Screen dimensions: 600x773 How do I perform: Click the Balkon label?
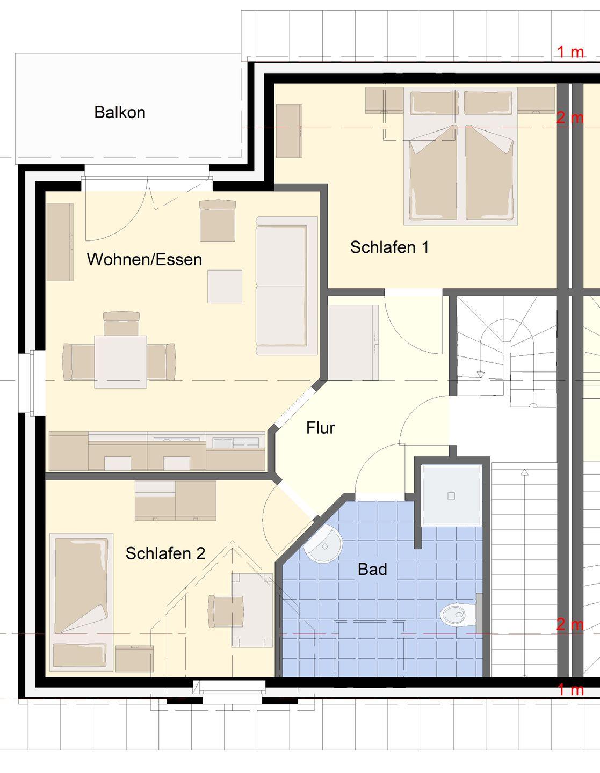(x=120, y=112)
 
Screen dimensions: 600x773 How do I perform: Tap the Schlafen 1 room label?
(x=389, y=247)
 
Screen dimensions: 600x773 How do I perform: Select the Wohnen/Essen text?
(x=144, y=259)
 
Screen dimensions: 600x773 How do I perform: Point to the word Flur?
(x=321, y=428)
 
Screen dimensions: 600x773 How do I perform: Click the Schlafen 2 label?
(x=165, y=553)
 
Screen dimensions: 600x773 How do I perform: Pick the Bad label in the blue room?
(x=372, y=569)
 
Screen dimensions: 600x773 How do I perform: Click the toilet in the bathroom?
(x=458, y=615)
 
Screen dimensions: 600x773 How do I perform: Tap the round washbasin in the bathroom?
(x=323, y=545)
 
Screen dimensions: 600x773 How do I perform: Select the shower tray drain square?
(x=451, y=496)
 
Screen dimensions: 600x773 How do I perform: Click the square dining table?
(x=121, y=361)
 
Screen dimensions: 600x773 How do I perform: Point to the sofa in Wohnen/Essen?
(x=286, y=286)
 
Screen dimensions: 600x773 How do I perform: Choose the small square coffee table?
(x=225, y=286)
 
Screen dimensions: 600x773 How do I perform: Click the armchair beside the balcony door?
(x=218, y=221)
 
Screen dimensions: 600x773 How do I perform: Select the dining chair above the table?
(x=121, y=323)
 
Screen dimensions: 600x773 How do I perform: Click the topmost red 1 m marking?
(x=570, y=52)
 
